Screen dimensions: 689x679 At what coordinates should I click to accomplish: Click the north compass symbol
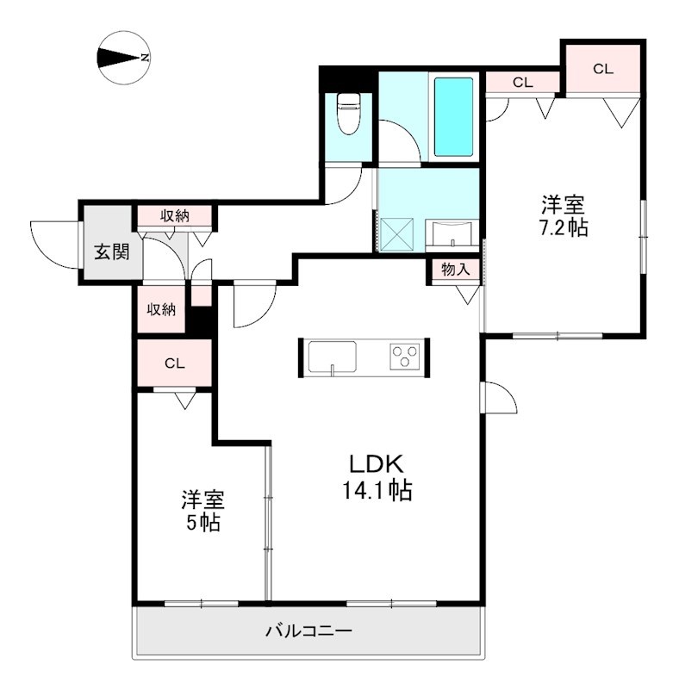(x=123, y=59)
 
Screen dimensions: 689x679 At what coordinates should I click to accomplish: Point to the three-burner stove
(x=404, y=355)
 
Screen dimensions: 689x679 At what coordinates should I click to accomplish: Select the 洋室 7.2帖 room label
(x=564, y=217)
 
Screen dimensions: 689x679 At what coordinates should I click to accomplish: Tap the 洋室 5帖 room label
(x=202, y=511)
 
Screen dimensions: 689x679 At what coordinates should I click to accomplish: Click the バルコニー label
(x=308, y=632)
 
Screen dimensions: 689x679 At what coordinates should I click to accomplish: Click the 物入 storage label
(x=455, y=270)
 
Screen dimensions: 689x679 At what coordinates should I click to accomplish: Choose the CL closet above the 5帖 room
(x=175, y=363)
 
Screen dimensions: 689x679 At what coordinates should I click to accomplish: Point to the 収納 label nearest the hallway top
(x=175, y=215)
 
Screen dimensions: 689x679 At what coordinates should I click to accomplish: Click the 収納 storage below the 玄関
(x=161, y=309)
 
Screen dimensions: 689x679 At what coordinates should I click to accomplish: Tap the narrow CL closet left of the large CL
(x=522, y=84)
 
